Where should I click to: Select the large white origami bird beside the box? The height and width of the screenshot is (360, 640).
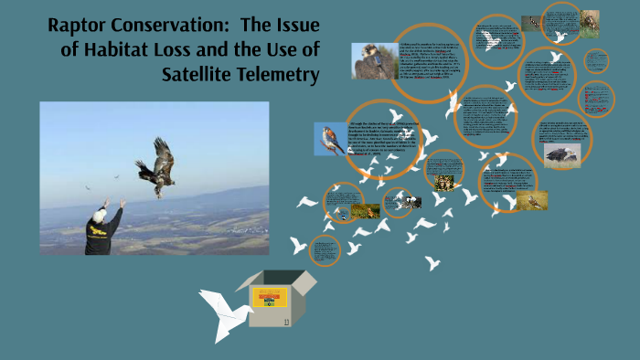pos(225,312)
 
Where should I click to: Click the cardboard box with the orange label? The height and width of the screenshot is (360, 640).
pos(270,299)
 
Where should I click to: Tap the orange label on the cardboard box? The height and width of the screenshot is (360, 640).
pos(270,295)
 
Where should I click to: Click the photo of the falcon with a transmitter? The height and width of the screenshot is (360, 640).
pos(374,61)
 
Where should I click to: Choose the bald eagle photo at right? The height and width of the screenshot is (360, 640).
pos(560,153)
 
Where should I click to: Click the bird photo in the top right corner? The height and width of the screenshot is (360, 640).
pos(590,23)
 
